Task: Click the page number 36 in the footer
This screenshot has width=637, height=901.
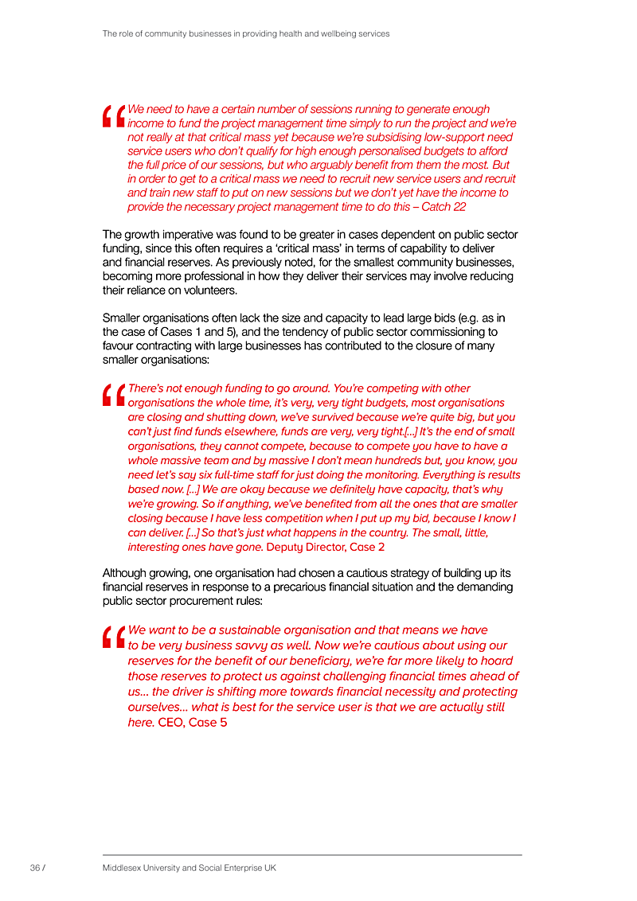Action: tap(34, 868)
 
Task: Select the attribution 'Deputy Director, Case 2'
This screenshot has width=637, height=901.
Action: tap(326, 547)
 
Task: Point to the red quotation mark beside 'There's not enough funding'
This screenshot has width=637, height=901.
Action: tap(114, 396)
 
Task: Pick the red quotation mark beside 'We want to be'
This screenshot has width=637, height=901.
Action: tap(114, 637)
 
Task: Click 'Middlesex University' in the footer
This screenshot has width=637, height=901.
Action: tap(142, 868)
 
